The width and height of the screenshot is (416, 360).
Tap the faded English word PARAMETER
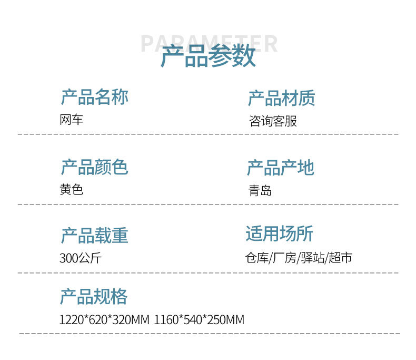click(209, 43)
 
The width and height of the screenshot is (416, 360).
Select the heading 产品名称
click(94, 97)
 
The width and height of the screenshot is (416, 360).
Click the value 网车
click(72, 120)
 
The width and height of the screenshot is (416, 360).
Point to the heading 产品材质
click(282, 98)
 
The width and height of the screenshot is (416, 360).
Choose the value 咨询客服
click(273, 121)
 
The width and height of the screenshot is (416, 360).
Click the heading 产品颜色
click(94, 167)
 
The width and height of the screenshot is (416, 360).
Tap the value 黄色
click(72, 190)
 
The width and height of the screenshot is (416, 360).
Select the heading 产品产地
click(280, 168)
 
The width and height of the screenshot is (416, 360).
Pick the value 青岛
click(260, 190)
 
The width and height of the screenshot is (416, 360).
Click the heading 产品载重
click(94, 236)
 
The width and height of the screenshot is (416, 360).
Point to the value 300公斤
click(80, 258)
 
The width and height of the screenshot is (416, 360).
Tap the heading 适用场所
click(279, 233)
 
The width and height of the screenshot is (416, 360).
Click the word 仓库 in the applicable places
click(257, 258)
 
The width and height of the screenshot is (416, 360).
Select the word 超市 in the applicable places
click(340, 258)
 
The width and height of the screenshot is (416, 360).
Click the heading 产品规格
click(93, 297)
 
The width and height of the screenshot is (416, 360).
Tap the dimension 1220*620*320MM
click(104, 320)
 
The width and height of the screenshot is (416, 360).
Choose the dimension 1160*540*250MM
click(199, 320)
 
